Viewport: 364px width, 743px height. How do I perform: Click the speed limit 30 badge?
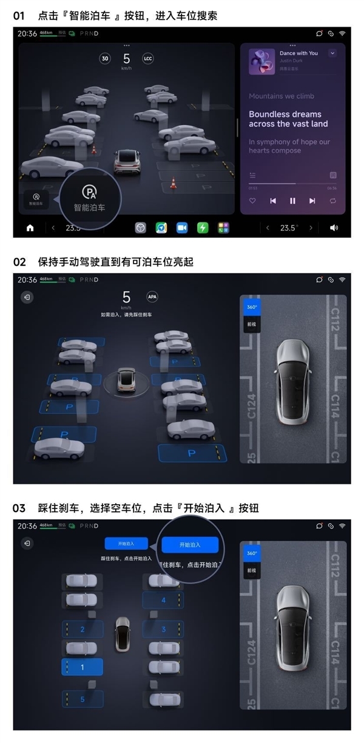point(105,59)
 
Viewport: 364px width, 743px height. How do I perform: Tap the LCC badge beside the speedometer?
point(147,59)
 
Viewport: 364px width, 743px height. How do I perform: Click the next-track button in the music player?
point(312,201)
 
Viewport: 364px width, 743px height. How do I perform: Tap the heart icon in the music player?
point(253,201)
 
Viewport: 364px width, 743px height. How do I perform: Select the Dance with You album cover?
point(261,62)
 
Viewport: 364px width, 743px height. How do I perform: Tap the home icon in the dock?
point(30,228)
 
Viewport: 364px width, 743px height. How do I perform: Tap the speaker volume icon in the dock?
point(334,228)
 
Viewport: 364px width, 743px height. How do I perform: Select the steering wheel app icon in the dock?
point(141,228)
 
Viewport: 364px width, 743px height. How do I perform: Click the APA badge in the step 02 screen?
point(152,297)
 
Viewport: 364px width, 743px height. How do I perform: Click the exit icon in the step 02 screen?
point(27,297)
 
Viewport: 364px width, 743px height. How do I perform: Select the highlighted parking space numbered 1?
point(82,667)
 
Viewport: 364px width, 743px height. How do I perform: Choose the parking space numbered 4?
point(163,600)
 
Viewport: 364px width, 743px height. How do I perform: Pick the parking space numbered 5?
point(82,699)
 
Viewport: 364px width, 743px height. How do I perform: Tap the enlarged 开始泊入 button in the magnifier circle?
point(189,545)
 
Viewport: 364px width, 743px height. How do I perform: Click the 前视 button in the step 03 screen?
point(251,570)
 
